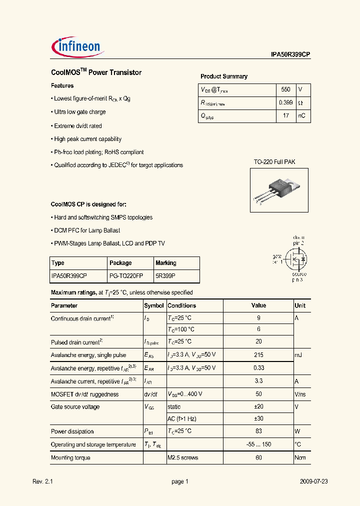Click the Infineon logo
(77, 46)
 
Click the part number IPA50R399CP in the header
(287, 56)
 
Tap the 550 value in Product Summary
(285, 90)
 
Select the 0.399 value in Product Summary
(285, 103)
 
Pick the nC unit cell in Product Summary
(302, 116)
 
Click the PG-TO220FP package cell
(126, 275)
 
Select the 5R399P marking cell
(165, 275)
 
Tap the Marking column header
(166, 263)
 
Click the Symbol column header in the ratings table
(154, 305)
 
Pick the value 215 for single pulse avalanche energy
(258, 355)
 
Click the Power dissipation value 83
(258, 431)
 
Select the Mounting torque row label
(71, 457)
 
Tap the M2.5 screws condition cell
(183, 457)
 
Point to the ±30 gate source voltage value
(258, 419)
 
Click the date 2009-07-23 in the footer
(314, 481)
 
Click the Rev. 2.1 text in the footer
(42, 481)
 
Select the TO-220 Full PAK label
(274, 162)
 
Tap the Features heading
(62, 85)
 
